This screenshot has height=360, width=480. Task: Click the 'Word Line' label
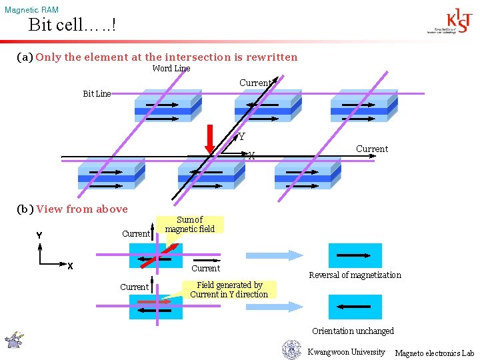(171, 69)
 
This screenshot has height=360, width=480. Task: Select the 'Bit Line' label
(97, 94)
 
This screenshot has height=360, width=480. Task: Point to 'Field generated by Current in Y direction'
(229, 289)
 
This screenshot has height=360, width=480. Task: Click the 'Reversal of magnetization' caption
(355, 275)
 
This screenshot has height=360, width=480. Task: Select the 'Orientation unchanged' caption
(353, 331)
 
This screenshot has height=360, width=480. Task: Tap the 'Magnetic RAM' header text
(31, 10)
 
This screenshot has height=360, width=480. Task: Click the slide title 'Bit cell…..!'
(71, 26)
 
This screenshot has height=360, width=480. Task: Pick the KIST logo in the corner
(451, 21)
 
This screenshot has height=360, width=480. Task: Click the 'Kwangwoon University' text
(346, 352)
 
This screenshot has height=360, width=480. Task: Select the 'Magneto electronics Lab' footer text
(434, 353)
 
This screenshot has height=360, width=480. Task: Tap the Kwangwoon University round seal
(291, 350)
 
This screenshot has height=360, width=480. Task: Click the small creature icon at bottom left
(14, 339)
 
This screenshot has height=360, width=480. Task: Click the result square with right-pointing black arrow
(355, 255)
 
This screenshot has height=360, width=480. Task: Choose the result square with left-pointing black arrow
(355, 307)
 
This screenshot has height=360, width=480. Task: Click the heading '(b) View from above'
(72, 209)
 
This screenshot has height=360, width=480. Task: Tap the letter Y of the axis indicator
(39, 235)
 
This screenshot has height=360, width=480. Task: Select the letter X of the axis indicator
(69, 266)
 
